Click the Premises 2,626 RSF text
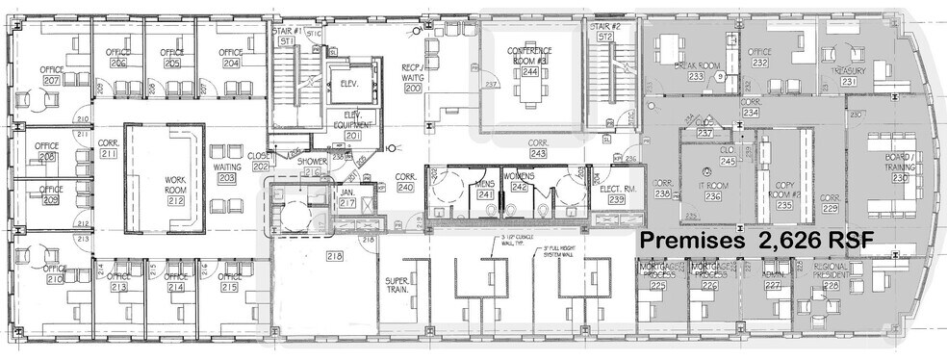point(755,241)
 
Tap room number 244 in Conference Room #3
point(530,69)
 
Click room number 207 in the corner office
point(51,82)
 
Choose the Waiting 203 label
point(228,172)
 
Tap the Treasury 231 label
point(849,76)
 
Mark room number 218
point(334,255)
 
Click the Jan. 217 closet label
point(347,196)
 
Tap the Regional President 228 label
point(832,279)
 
